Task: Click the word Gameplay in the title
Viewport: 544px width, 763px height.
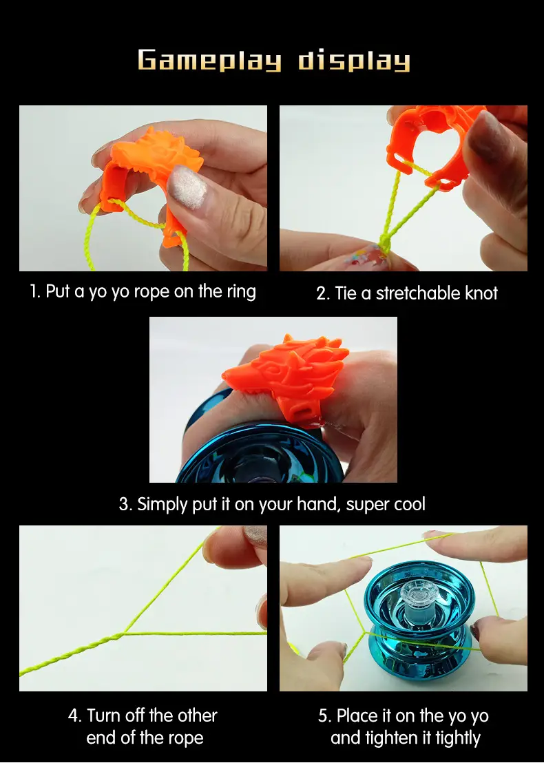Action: (x=210, y=61)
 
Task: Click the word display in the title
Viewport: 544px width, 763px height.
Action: (x=354, y=61)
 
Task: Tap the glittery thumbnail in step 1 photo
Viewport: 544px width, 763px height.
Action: (x=187, y=187)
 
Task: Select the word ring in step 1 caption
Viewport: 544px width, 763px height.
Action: (x=241, y=291)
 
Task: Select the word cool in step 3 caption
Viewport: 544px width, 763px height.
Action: (x=410, y=504)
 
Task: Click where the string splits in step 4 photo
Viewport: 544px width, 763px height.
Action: (x=124, y=634)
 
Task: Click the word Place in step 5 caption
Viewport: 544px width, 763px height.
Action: (x=357, y=715)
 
